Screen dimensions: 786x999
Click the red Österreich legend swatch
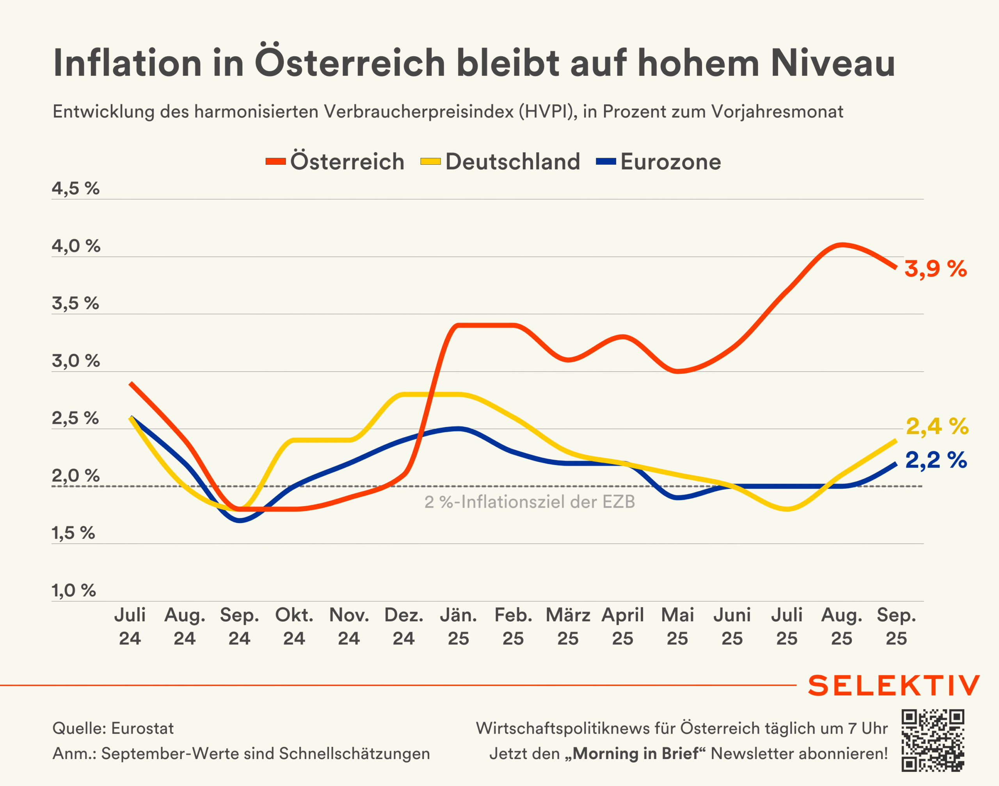coord(276,162)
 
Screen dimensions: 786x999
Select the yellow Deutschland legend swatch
coord(431,162)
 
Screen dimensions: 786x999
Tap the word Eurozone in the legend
coord(670,162)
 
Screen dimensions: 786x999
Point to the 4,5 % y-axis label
coord(75,188)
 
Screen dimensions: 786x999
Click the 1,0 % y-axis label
coord(74,590)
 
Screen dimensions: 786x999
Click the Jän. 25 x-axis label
coord(458,626)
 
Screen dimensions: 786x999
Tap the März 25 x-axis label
coord(568,626)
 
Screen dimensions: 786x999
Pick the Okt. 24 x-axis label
coord(294,626)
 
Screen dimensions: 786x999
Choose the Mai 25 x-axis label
coord(677,626)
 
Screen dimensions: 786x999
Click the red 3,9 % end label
coord(935,269)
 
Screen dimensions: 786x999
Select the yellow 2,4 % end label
coord(937,427)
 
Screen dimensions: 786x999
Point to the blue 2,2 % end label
coord(936,460)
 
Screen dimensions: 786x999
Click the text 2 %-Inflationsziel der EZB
coord(529,502)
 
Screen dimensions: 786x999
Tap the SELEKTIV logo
coord(894,686)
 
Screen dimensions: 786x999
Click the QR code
coord(933,740)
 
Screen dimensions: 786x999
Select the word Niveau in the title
coord(833,63)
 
